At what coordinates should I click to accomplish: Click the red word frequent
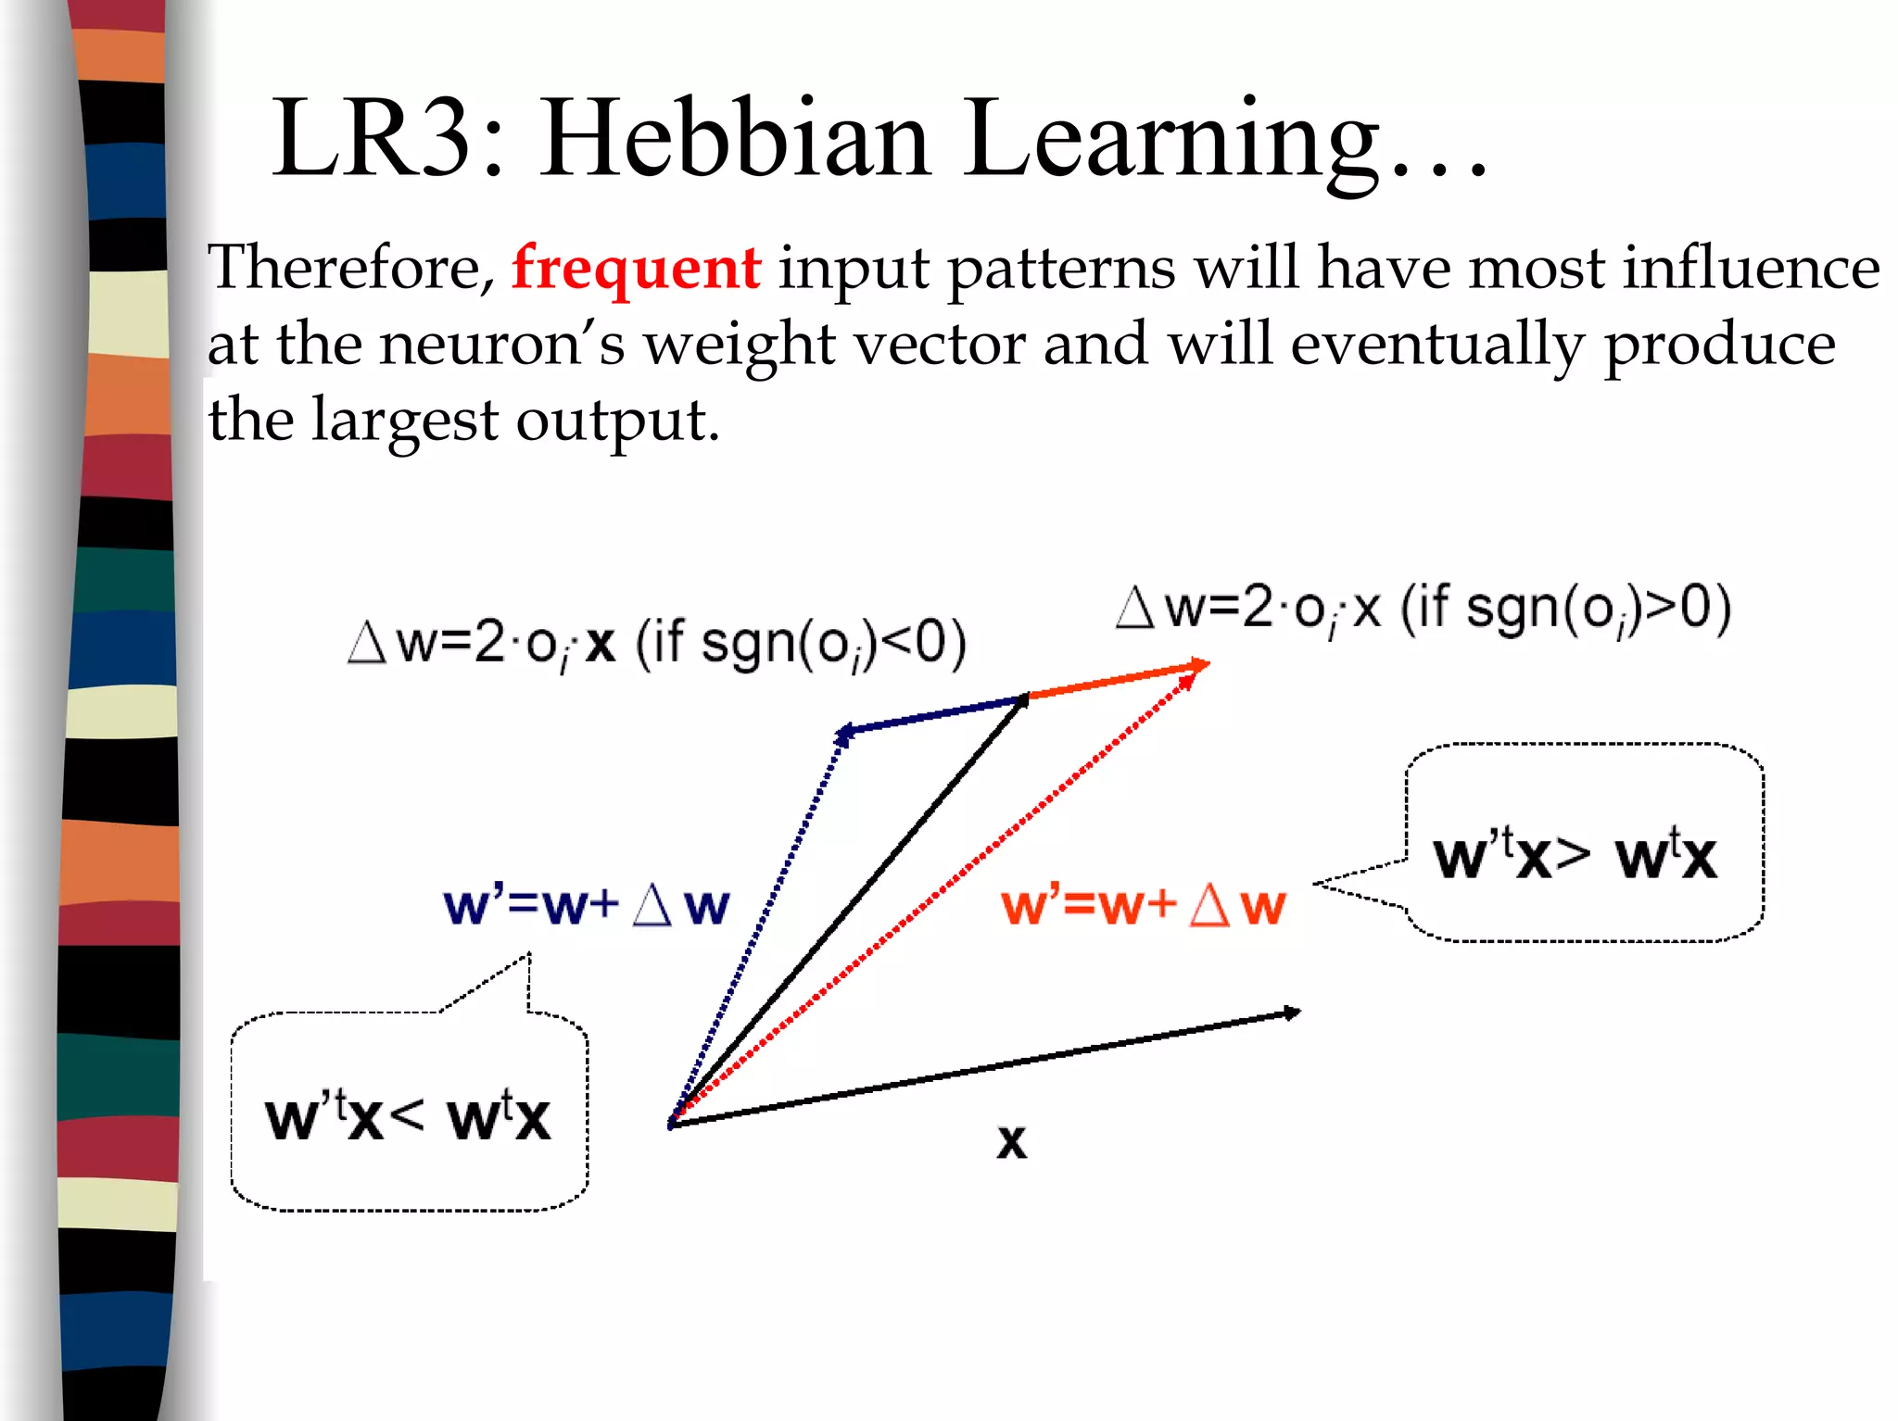click(x=636, y=269)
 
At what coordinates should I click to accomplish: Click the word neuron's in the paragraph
click(x=502, y=345)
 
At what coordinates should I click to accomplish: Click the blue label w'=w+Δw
click(x=586, y=905)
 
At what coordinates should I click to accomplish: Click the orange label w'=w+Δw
click(x=1143, y=905)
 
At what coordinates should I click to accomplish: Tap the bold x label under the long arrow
click(x=1011, y=1141)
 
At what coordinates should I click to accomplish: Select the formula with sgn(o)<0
click(x=656, y=643)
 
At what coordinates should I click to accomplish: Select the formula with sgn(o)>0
click(x=1423, y=610)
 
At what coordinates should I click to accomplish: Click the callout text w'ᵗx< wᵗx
click(x=408, y=1116)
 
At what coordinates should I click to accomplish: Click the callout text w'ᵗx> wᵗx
click(x=1574, y=854)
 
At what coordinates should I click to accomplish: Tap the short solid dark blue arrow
click(x=932, y=715)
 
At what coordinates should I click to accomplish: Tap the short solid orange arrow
click(x=1117, y=681)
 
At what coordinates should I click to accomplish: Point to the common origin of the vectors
click(x=672, y=1123)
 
